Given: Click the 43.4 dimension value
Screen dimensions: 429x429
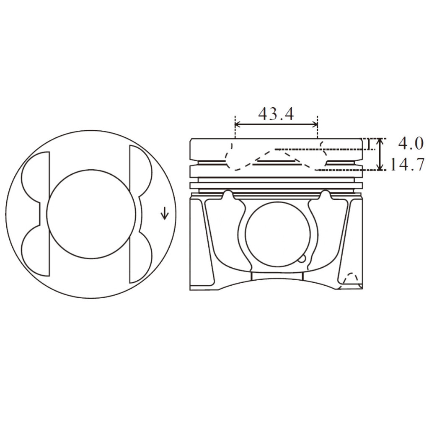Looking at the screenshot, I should click(276, 114).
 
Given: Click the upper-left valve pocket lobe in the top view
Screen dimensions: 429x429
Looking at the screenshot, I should click(36, 176).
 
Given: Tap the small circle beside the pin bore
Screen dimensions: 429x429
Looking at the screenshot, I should click(302, 259).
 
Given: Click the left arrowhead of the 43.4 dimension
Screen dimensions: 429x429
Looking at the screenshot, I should click(238, 124).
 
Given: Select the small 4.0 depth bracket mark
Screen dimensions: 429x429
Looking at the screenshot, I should click(368, 145).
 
